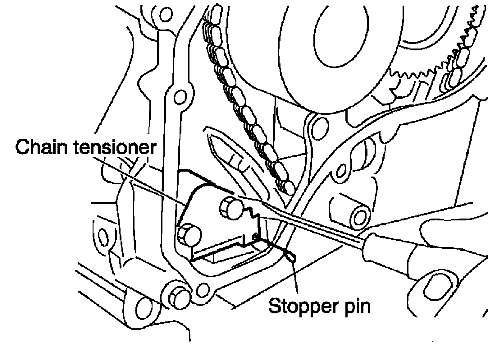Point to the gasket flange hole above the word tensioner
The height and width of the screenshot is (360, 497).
[x=179, y=97]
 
